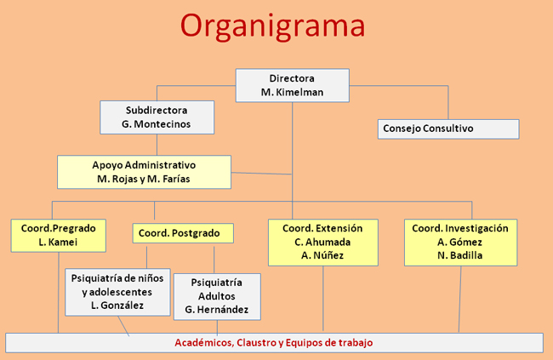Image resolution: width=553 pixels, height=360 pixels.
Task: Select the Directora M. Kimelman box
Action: (x=293, y=85)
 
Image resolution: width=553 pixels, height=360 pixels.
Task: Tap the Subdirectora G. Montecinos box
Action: (x=157, y=117)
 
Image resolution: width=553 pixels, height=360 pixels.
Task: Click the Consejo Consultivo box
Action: (x=448, y=129)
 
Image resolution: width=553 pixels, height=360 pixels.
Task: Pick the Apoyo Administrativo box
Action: (x=145, y=172)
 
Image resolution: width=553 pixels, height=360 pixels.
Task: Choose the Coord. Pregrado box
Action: (x=59, y=236)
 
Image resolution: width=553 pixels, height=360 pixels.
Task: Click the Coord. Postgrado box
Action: (x=183, y=233)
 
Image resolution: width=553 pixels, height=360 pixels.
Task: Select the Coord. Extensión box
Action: (x=323, y=242)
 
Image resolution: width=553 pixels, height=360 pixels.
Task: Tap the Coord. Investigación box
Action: (x=460, y=242)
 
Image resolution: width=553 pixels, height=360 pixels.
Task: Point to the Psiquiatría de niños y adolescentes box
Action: (x=117, y=292)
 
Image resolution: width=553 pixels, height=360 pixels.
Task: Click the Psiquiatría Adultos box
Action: (x=217, y=296)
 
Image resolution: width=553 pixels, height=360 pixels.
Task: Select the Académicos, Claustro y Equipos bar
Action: (x=274, y=343)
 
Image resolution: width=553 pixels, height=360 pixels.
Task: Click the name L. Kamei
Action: (x=58, y=242)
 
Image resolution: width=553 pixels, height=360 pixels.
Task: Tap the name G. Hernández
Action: (x=217, y=310)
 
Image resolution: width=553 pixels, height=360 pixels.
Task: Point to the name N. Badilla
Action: (x=460, y=255)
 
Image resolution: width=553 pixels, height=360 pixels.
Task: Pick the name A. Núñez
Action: (x=322, y=255)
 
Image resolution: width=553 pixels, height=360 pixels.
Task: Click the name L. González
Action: (x=117, y=306)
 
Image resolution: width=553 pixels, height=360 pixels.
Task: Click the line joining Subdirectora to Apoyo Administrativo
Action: (x=157, y=145)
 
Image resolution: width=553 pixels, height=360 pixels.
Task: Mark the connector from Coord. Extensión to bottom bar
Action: (x=323, y=299)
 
